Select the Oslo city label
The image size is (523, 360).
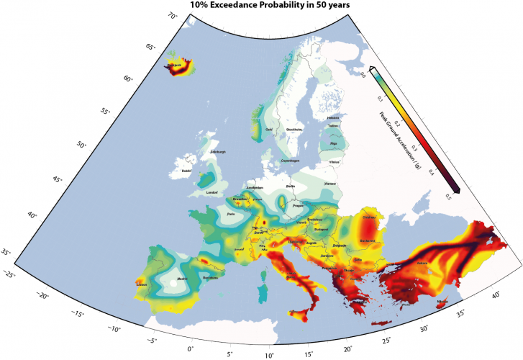coord(270,130)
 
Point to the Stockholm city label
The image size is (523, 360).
coord(295,130)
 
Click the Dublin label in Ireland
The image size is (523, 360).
coord(187,171)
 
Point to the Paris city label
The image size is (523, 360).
coord(231,214)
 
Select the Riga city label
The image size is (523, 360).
coord(333,143)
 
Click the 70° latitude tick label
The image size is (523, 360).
coord(173,15)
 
